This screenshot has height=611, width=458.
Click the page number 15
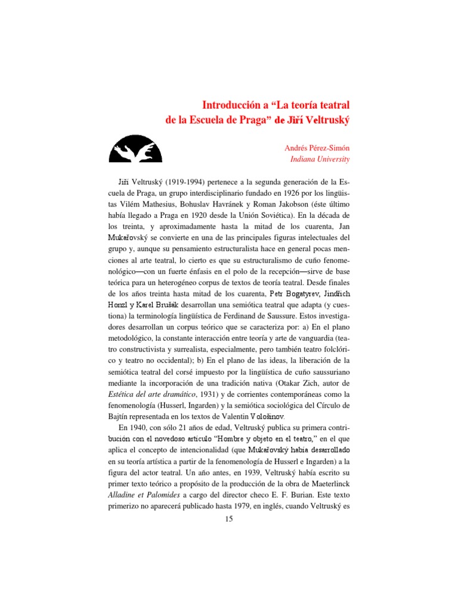tap(228, 519)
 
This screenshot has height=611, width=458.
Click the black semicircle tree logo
tap(135, 149)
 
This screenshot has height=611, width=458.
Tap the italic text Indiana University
tap(320, 159)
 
